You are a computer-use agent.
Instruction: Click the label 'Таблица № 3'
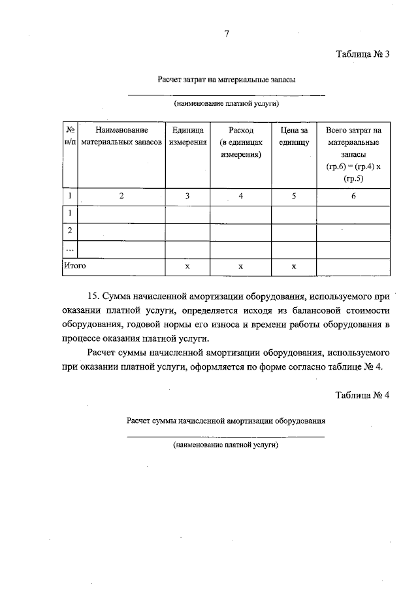click(x=362, y=54)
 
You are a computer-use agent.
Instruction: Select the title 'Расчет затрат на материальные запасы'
click(x=226, y=80)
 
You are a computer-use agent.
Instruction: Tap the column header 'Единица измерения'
click(x=187, y=136)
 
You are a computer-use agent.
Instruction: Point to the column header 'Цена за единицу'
click(x=294, y=136)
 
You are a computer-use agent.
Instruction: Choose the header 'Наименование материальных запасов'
click(x=121, y=136)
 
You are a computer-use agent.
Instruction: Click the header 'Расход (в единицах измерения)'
click(x=240, y=142)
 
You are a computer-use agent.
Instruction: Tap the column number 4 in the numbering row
click(x=240, y=196)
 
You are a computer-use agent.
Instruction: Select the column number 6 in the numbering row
click(x=353, y=196)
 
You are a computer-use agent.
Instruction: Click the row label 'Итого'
click(x=74, y=266)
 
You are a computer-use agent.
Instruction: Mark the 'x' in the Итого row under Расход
click(x=240, y=266)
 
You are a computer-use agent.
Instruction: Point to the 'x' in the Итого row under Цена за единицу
click(x=294, y=266)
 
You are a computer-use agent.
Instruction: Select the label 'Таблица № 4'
click(x=362, y=396)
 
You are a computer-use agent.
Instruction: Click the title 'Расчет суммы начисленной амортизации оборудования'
click(x=226, y=421)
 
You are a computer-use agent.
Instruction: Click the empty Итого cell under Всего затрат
click(x=353, y=266)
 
